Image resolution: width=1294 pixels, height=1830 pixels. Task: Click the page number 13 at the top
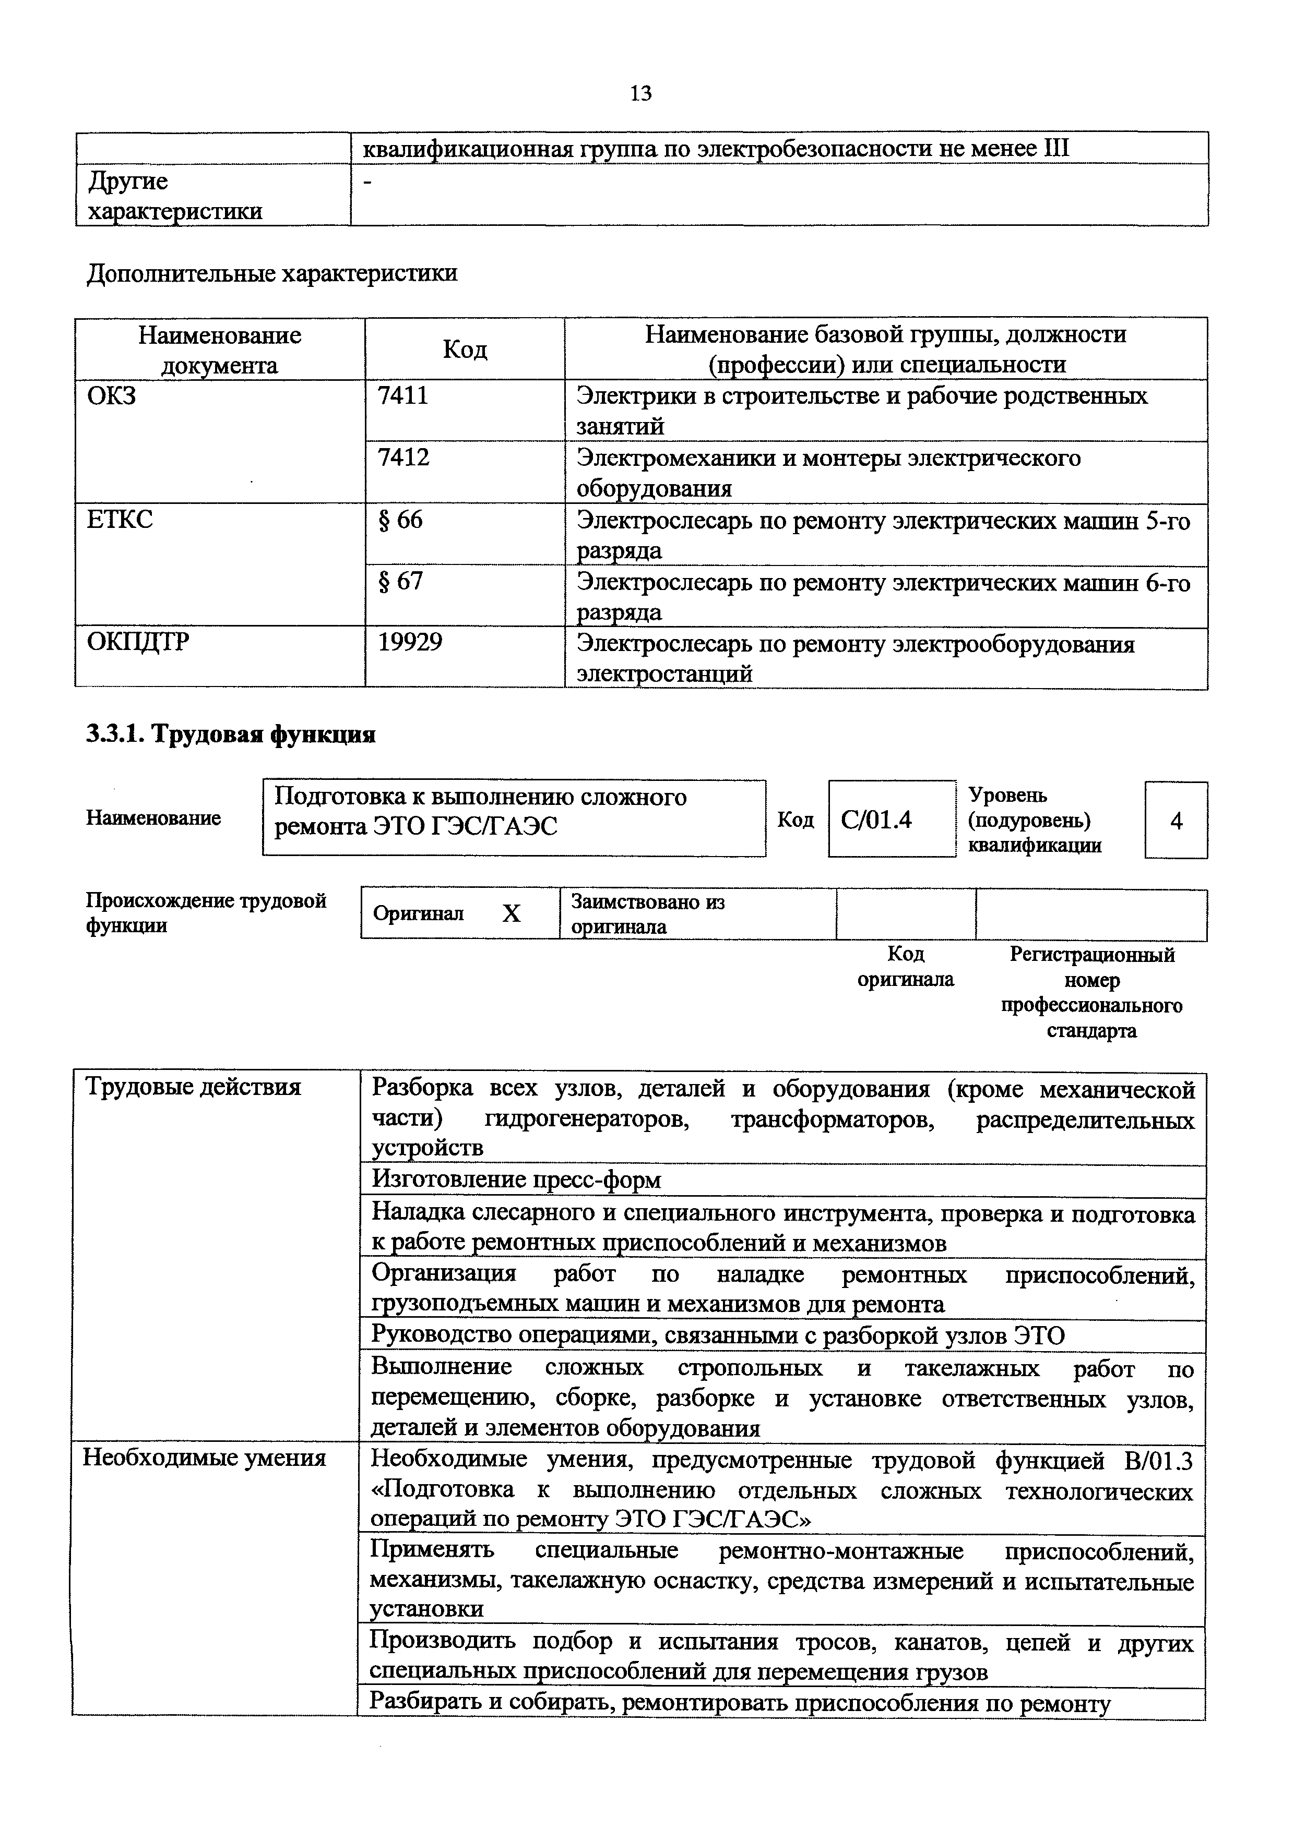pos(640,94)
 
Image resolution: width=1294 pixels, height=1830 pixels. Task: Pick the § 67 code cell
pos(400,582)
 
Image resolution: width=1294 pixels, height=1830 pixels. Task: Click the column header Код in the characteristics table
pos(465,349)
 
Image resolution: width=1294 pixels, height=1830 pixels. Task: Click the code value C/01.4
pos(876,820)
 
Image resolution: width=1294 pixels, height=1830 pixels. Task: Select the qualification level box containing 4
pos(1176,820)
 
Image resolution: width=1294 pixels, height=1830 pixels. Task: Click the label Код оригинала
pos(906,966)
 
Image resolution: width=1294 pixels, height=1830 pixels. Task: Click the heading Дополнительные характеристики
pos(272,273)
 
